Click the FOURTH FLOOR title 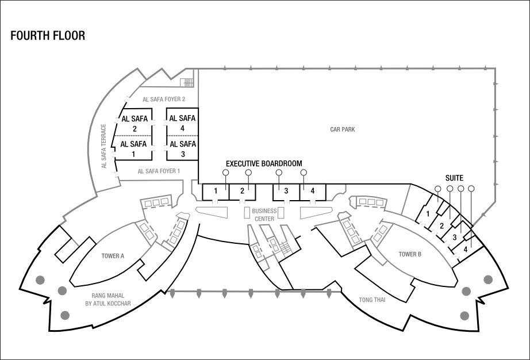[48, 36]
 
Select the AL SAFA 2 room [134, 124]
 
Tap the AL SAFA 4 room [182, 123]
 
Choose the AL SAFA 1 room [134, 148]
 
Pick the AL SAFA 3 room [182, 148]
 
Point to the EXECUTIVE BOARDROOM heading [264, 163]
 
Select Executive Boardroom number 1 [216, 191]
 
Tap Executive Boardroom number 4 [313, 191]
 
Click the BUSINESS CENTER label [264, 215]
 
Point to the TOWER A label [113, 256]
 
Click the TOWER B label [410, 254]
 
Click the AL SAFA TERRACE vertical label [104, 146]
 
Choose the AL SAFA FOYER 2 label [164, 99]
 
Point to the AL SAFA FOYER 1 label [159, 171]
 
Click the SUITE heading [454, 178]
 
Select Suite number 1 [428, 214]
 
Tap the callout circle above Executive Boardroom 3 [279, 173]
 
